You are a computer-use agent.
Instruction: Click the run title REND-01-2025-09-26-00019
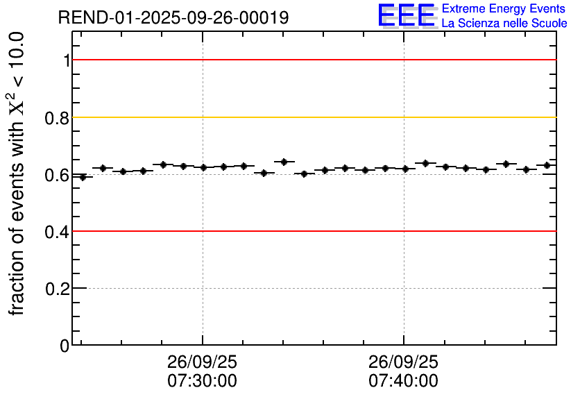coord(173,18)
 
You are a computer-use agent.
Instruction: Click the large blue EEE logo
coord(407,15)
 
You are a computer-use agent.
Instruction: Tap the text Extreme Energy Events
coord(504,9)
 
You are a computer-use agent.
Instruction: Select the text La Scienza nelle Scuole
coord(504,24)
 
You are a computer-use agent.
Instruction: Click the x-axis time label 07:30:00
coord(202,381)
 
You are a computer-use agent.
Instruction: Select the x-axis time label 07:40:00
coord(403,381)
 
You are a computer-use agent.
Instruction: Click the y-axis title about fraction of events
coord(19,174)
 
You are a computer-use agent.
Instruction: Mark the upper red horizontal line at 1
coord(312,60)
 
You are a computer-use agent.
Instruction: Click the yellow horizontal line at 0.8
coord(312,117)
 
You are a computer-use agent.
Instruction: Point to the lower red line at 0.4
coord(312,230)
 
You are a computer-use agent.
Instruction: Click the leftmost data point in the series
coord(83,177)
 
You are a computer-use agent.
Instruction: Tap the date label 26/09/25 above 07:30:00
coord(202,363)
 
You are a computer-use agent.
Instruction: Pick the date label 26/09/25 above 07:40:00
coord(403,363)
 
